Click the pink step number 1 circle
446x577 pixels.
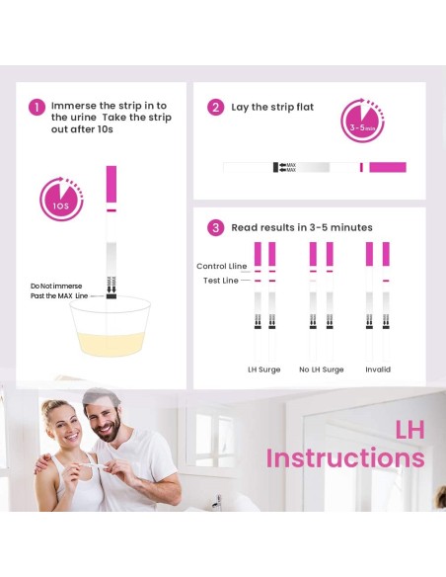[x=37, y=108]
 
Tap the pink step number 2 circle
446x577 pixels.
[x=216, y=108]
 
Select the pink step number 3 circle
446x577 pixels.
[x=216, y=228]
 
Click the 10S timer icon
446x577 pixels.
[x=61, y=199]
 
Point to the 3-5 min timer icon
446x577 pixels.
[x=362, y=121]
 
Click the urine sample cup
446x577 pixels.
[x=111, y=327]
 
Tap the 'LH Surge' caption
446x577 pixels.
[x=264, y=370]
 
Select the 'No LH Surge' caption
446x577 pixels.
[x=322, y=370]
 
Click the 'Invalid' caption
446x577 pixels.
[x=378, y=370]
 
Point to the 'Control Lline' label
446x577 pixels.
[x=222, y=266]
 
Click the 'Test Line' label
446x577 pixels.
[x=221, y=281]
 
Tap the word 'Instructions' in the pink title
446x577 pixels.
[x=345, y=458]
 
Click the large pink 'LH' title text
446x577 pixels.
[x=410, y=430]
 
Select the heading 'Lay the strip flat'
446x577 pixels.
[x=272, y=107]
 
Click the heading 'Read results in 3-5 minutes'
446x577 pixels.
[x=302, y=227]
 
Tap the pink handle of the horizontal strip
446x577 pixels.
[x=388, y=167]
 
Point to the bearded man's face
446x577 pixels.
[x=104, y=418]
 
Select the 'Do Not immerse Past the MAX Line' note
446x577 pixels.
[x=59, y=291]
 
